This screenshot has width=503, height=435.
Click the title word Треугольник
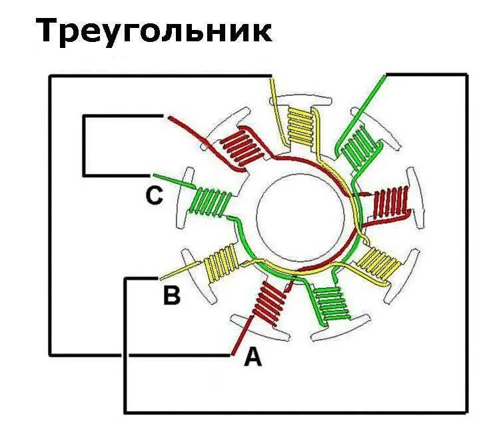coord(154,31)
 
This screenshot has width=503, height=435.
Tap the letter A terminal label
coord(253,358)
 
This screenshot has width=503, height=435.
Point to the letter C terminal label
coord(154,195)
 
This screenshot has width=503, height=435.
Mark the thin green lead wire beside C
coord(177,182)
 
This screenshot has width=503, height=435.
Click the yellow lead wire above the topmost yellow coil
coord(272,90)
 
